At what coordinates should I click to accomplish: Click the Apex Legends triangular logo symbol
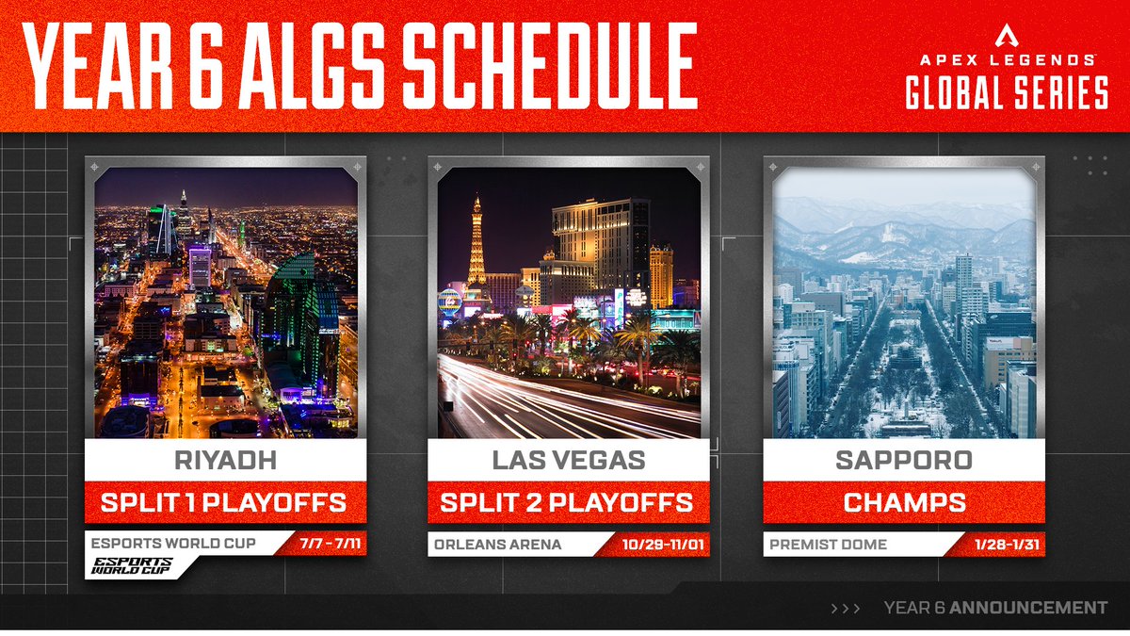1007,35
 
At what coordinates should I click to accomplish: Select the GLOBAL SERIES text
1007,92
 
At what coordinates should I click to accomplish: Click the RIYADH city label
225,461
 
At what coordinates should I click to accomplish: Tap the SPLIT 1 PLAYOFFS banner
225,501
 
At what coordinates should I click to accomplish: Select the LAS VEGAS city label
568,461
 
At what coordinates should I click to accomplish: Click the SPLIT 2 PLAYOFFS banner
568,501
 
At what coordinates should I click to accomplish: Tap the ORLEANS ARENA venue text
497,544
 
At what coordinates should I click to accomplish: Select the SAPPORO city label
904,461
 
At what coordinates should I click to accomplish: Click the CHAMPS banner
904,501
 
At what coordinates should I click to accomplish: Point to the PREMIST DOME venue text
828,544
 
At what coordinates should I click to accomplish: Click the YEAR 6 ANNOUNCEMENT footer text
996,608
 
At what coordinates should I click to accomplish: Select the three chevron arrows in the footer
846,609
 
